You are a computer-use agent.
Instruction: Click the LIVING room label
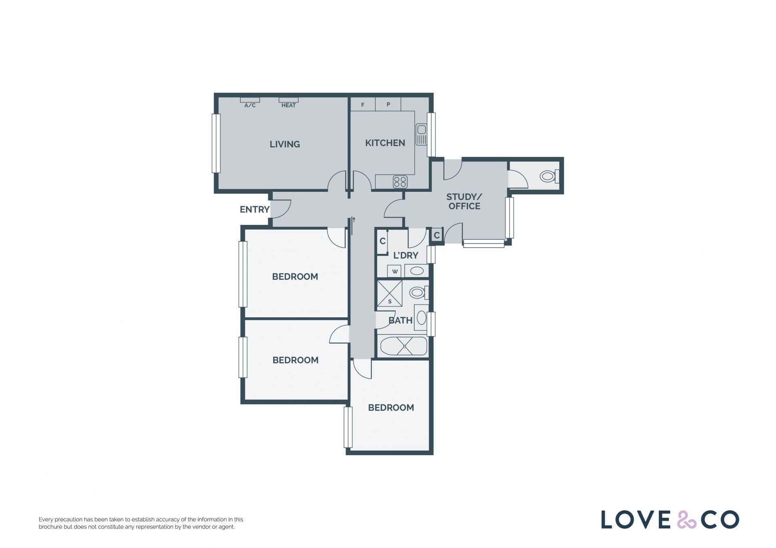click(285, 144)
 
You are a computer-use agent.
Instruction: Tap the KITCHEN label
click(385, 143)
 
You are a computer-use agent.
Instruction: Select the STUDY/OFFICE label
click(464, 202)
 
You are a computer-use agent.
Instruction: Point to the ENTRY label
click(254, 209)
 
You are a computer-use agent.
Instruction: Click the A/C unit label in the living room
click(250, 105)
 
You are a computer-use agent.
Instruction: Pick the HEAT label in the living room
click(289, 105)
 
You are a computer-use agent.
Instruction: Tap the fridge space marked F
click(363, 104)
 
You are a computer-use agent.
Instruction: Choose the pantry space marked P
click(388, 104)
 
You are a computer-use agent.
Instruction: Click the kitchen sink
click(421, 134)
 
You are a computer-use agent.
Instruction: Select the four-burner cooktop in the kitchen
click(400, 182)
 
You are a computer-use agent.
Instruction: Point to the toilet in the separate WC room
click(549, 176)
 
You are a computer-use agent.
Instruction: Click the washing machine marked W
click(394, 271)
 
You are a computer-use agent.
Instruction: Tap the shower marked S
click(390, 293)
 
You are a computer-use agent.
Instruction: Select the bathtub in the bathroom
click(403, 346)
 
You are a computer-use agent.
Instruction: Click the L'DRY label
click(405, 255)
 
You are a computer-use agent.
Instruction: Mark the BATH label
click(400, 320)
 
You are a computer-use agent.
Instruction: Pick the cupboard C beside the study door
click(436, 235)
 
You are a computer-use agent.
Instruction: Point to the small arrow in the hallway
click(354, 220)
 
